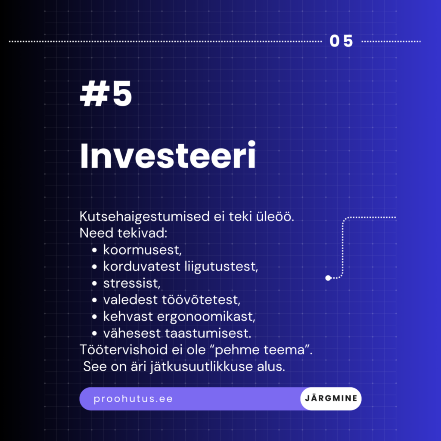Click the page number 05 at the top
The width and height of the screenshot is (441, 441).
(x=342, y=41)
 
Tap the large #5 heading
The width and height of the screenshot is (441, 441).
(x=106, y=96)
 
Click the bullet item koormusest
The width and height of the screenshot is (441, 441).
(x=140, y=250)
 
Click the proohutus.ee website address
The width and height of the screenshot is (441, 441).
(x=133, y=399)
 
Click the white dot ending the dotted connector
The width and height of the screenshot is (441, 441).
(x=328, y=278)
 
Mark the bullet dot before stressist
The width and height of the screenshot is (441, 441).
(x=94, y=284)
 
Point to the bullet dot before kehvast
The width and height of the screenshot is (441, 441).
(x=94, y=317)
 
